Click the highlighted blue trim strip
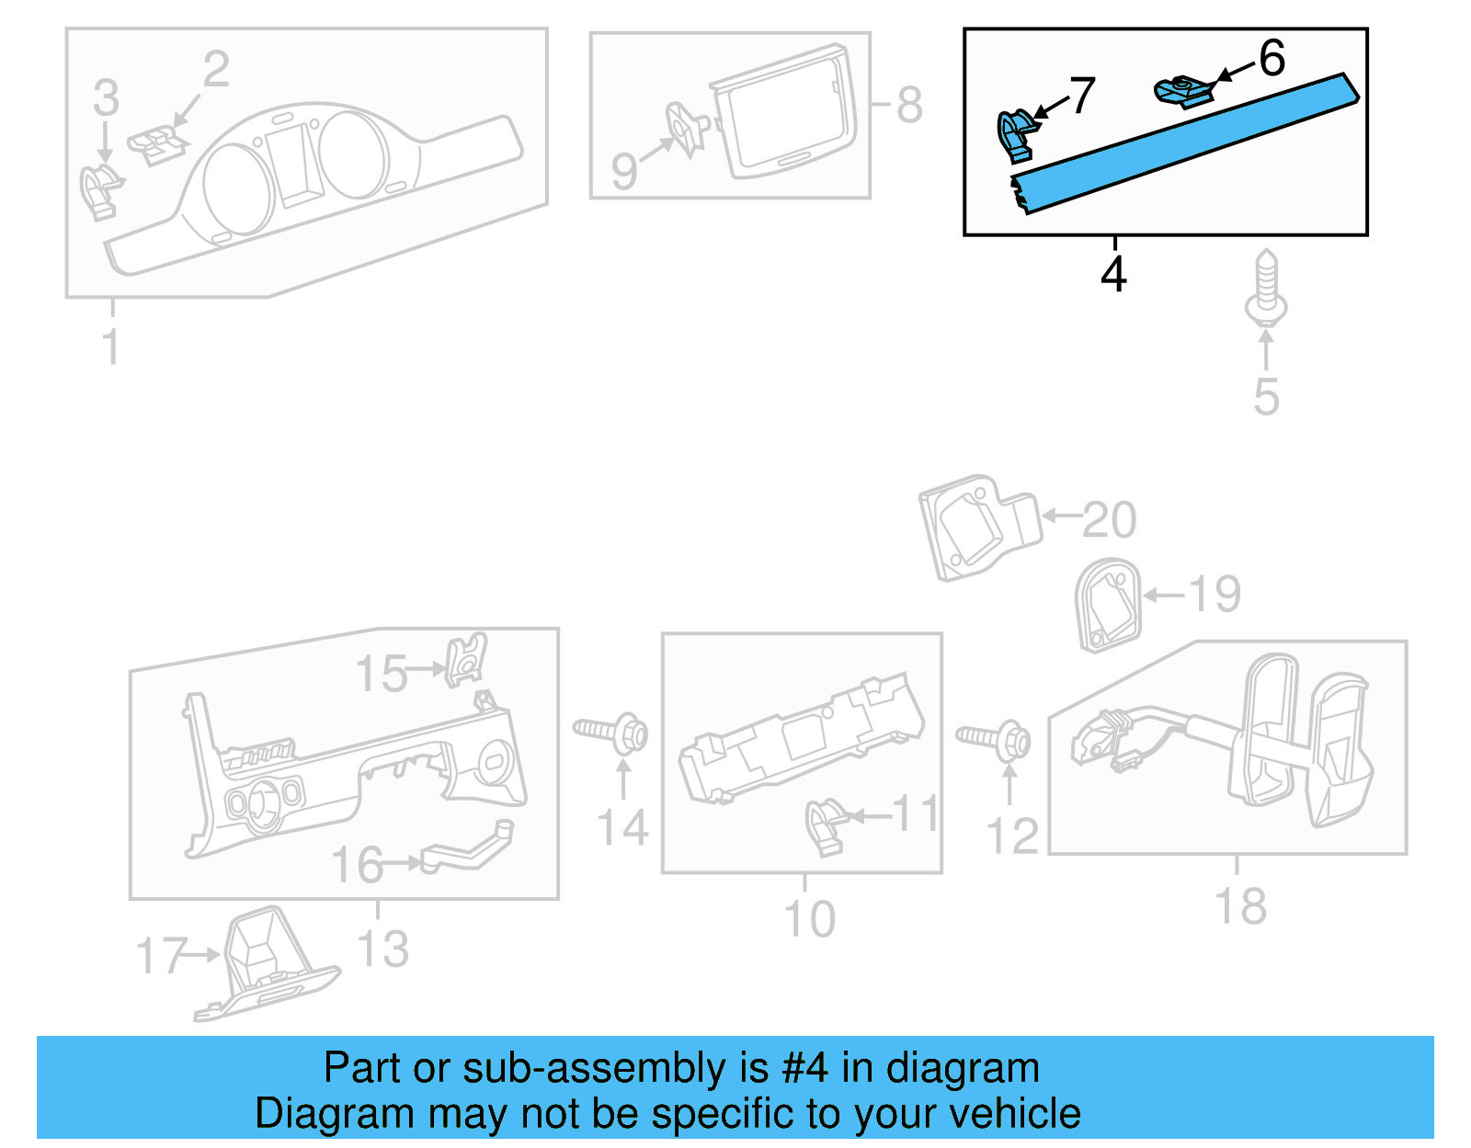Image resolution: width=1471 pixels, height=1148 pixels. pyautogui.click(x=1186, y=142)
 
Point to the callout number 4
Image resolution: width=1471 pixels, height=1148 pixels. pyautogui.click(x=1113, y=274)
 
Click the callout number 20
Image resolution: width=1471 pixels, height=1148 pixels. pyautogui.click(x=1110, y=520)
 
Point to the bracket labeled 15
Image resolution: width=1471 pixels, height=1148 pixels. pyautogui.click(x=466, y=659)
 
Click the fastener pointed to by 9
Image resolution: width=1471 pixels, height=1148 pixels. pyautogui.click(x=686, y=129)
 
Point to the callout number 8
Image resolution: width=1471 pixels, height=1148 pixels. pyautogui.click(x=908, y=105)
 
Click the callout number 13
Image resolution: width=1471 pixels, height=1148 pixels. pyautogui.click(x=382, y=949)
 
